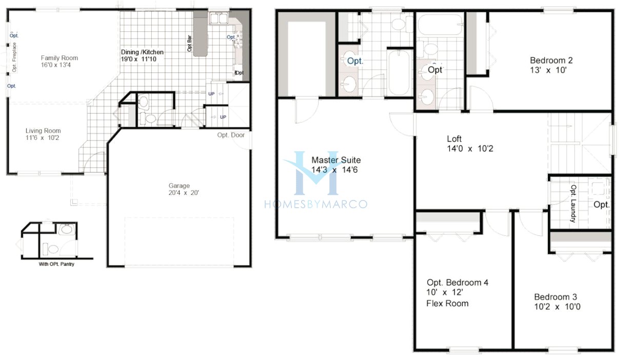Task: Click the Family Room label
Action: tap(60, 58)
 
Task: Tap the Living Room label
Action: tap(43, 131)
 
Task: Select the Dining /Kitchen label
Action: tap(142, 52)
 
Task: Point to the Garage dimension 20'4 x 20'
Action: tap(180, 193)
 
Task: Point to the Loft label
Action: tap(454, 139)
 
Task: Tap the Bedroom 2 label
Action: tap(551, 60)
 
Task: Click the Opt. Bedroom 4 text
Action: tap(454, 283)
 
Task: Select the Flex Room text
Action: tap(447, 303)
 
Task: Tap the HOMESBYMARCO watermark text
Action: tap(315, 204)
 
